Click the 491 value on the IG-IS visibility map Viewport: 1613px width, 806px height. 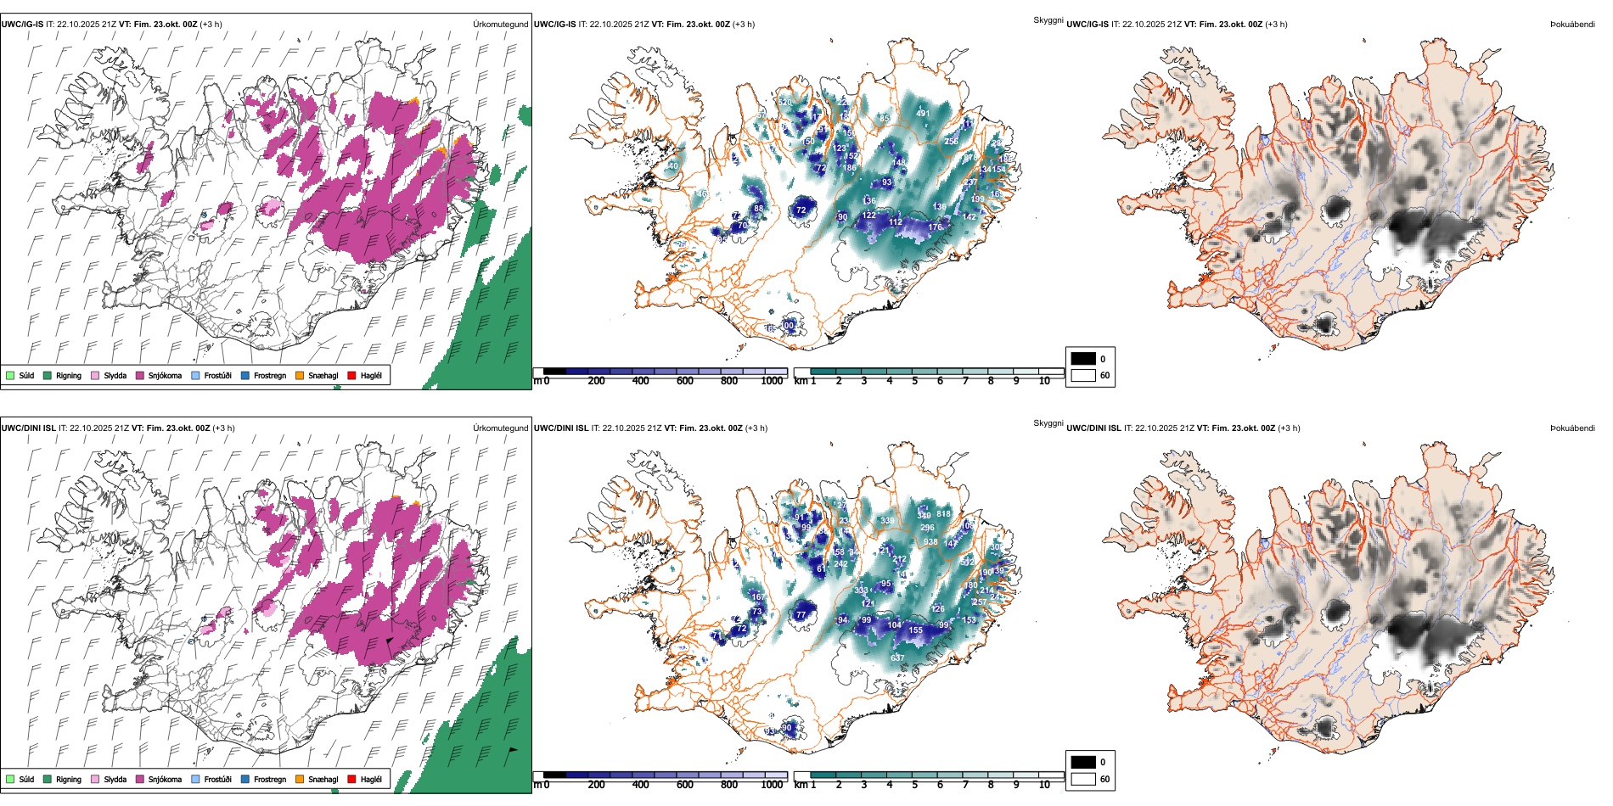(923, 114)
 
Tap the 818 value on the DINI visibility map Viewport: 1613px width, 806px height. (943, 514)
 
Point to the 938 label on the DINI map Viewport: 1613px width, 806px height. (930, 542)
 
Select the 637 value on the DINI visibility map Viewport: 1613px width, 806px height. (897, 658)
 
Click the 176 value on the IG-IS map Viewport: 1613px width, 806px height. (935, 227)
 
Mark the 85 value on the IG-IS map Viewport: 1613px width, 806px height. (884, 119)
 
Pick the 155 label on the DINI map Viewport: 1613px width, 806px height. (915, 630)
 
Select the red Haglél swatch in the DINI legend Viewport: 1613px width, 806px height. (351, 779)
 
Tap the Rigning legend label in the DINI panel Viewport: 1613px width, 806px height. (69, 780)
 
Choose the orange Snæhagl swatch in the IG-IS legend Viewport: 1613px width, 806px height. (300, 376)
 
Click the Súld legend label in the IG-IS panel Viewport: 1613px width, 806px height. (26, 376)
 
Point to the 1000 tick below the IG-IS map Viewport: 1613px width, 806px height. (772, 382)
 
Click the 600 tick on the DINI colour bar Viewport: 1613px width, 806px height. (685, 785)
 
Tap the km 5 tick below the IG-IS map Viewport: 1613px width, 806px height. (914, 382)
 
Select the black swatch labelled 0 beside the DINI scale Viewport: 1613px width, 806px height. (1083, 762)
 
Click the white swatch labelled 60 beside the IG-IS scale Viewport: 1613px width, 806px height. (1083, 375)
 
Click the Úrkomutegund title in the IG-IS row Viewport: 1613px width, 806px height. (500, 25)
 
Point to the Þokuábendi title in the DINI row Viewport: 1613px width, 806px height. (1572, 428)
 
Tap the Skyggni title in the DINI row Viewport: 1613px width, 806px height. (1048, 423)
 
